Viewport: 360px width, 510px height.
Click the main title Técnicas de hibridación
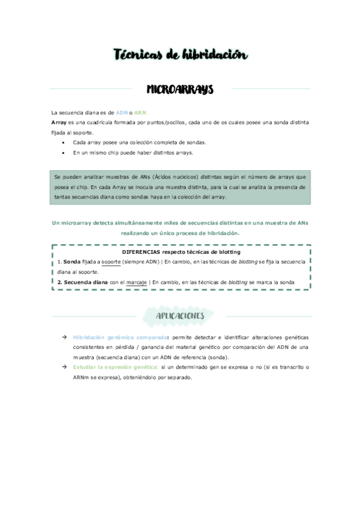[180, 55]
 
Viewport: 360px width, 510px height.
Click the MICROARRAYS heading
[180, 90]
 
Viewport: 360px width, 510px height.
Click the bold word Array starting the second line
[59, 122]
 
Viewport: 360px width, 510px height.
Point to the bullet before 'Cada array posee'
[64, 143]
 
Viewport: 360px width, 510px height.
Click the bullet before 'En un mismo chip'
[64, 153]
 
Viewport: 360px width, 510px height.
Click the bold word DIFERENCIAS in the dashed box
[142, 252]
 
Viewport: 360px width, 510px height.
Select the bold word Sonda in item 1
[72, 262]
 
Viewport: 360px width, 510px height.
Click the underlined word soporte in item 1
[111, 262]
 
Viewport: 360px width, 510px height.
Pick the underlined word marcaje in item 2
[137, 281]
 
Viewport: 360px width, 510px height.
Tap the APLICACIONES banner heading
[180, 316]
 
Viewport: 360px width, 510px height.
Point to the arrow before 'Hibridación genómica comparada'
[64, 337]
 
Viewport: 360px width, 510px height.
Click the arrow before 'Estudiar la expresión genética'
[64, 367]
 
